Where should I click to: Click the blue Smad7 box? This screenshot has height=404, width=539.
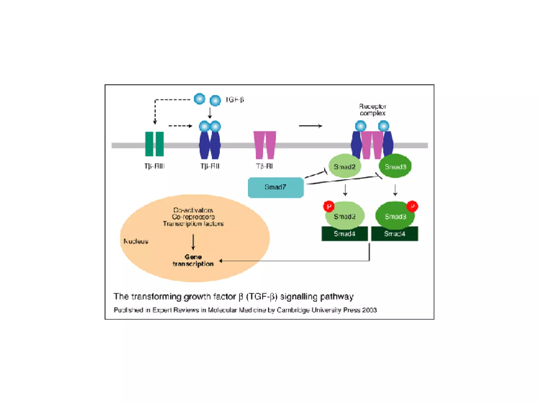[x=276, y=187]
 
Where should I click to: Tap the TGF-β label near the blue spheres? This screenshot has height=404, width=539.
[x=234, y=100]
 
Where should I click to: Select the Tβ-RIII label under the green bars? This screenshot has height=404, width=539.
[x=154, y=166]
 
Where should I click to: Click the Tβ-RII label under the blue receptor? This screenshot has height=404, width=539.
[x=210, y=166]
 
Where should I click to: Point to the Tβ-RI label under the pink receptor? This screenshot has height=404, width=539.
[x=264, y=166]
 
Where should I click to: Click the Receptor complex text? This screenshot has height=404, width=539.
[x=372, y=110]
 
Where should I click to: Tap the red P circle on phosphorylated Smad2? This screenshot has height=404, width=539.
[x=329, y=206]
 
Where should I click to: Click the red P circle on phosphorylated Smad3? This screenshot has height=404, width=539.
[x=412, y=206]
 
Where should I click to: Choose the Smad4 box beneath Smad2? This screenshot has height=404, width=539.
[x=345, y=234]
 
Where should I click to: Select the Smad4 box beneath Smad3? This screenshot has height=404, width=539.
[x=395, y=234]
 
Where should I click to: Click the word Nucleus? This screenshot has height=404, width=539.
[x=136, y=241]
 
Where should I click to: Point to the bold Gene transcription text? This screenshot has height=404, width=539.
[x=193, y=260]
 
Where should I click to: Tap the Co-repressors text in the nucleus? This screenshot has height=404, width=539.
[x=193, y=217]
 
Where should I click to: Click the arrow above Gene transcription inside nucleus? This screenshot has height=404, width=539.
[x=193, y=242]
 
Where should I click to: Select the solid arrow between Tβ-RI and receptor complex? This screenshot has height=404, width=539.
[x=311, y=126]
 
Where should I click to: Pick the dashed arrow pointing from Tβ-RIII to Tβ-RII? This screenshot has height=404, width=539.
[x=181, y=126]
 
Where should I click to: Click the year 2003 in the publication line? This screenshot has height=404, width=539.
[x=369, y=310]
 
